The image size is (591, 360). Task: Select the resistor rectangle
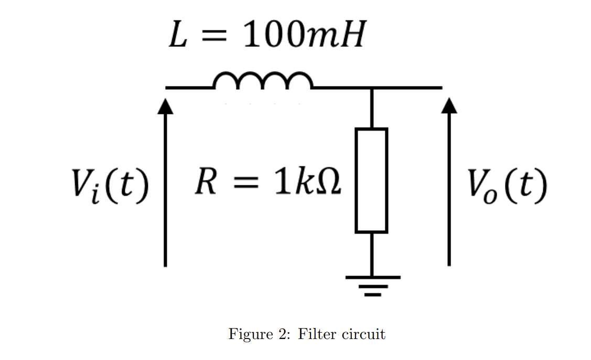click(x=371, y=180)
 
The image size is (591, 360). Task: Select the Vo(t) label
click(x=507, y=186)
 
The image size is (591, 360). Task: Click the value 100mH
click(x=304, y=37)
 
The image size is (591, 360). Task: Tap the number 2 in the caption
click(x=285, y=334)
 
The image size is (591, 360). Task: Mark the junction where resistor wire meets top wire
click(x=372, y=88)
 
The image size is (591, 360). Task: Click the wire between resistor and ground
click(x=372, y=254)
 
